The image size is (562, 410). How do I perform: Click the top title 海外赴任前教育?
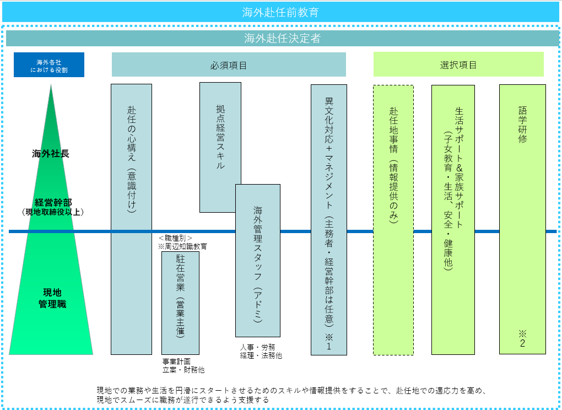tap(280, 12)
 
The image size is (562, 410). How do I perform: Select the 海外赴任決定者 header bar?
tap(282, 39)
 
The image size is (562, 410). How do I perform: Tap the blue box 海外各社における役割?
tap(49, 65)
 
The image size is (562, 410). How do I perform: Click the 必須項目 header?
tap(229, 65)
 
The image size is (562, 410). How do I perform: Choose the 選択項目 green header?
tap(458, 65)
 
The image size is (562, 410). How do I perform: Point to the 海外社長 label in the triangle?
tap(51, 154)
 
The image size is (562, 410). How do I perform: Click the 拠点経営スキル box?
tap(220, 138)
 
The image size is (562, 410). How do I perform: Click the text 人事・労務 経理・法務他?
tap(261, 351)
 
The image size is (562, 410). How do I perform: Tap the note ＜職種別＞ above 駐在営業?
tap(175, 238)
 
